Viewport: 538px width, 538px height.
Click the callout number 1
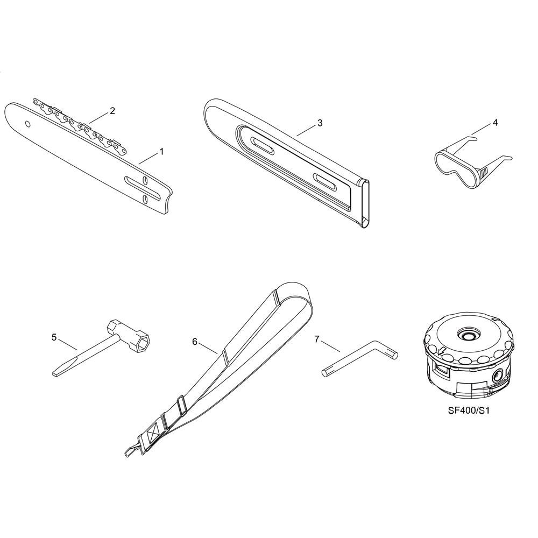tap(161, 151)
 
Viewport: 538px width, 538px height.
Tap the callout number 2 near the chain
tap(112, 111)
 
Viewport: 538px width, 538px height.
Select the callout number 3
tap(320, 123)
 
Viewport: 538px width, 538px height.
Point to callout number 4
tap(495, 123)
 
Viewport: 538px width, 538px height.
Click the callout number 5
tap(54, 337)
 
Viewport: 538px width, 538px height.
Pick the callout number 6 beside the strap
tap(195, 342)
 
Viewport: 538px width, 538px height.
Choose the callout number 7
tap(317, 339)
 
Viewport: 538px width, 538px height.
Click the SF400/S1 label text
tap(469, 410)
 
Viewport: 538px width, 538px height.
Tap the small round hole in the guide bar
tap(27, 124)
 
